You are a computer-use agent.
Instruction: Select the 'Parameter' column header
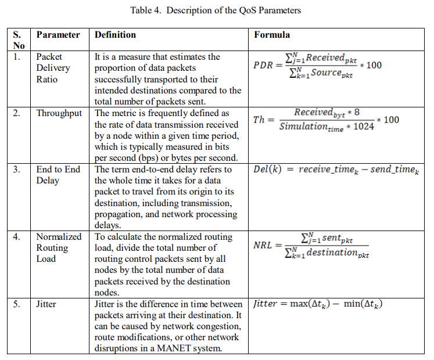pos(58,35)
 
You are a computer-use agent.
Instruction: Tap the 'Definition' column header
pos(115,35)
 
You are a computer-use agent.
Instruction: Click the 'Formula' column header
pos(272,35)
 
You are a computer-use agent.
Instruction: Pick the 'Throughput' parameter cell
pos(59,113)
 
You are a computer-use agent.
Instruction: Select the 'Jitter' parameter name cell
pos(48,304)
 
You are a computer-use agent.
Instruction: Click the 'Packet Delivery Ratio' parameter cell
pos(53,68)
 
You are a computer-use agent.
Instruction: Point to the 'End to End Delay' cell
pos(58,175)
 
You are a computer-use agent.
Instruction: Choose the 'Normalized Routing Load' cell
pos(59,248)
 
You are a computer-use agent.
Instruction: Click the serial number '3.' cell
pos(17,170)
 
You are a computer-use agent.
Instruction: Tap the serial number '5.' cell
pos(17,304)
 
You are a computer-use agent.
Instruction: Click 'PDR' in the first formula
pos(263,65)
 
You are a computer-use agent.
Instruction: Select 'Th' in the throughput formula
pos(259,120)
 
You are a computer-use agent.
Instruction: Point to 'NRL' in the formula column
pos(263,245)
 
